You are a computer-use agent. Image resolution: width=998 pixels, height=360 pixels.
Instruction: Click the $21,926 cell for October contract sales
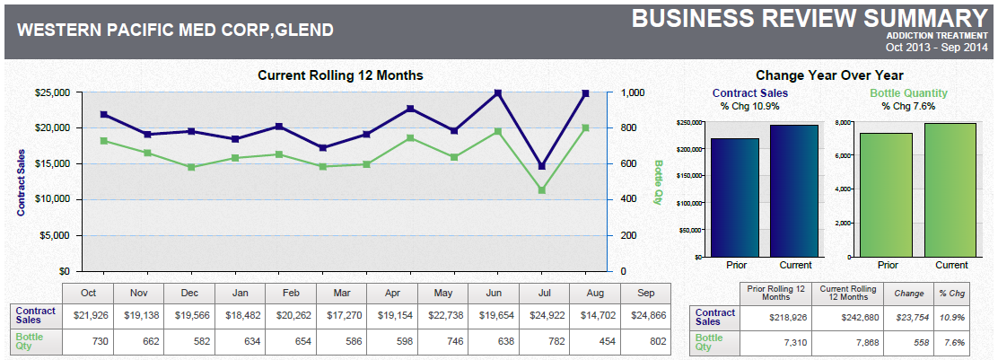coord(89,317)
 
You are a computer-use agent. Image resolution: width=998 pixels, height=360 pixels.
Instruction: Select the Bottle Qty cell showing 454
coord(592,343)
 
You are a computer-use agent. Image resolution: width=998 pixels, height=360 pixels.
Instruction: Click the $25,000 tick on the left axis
coord(52,92)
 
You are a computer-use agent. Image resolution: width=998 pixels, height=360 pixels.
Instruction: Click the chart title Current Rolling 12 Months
coord(340,75)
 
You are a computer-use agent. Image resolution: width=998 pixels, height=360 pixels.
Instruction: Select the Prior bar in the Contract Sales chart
coord(733,198)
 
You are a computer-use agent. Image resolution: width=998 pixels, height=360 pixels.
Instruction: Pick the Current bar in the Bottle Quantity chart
coord(950,190)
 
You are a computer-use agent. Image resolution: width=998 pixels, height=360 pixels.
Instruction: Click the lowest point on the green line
coord(541,190)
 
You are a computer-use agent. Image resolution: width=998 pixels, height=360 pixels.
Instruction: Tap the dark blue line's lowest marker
coord(541,166)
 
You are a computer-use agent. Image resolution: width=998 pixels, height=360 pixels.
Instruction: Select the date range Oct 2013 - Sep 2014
coord(936,47)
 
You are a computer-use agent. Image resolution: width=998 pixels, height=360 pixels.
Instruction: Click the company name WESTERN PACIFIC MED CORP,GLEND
coord(176,31)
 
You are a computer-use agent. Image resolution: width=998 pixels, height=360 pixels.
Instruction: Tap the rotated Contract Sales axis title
coord(20,182)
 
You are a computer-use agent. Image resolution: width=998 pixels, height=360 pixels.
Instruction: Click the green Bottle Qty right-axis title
coord(658,182)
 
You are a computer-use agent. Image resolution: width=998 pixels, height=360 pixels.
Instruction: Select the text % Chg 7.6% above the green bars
coord(908,106)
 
